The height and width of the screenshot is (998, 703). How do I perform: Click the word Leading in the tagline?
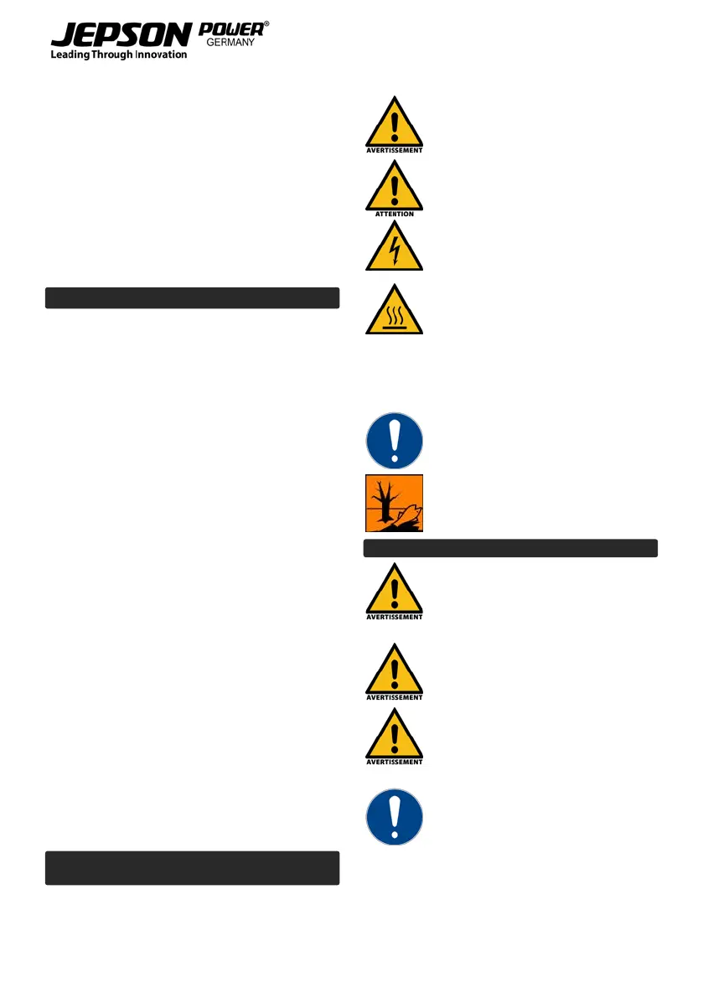point(71,55)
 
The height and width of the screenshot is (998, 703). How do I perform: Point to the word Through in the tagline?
point(113,55)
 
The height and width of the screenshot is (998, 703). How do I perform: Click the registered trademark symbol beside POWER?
point(266,25)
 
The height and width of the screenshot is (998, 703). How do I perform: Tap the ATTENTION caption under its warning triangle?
point(394,214)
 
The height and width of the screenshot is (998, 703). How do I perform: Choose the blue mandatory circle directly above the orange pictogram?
point(394,440)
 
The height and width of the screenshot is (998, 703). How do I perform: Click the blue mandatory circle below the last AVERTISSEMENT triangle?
point(394,816)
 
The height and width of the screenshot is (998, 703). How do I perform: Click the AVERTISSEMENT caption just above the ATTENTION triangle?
point(394,151)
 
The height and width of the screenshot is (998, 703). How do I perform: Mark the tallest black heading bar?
point(192,868)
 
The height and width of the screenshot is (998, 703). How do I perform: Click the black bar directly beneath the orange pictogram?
point(510,549)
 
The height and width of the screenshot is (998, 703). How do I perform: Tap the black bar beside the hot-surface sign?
point(192,298)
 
